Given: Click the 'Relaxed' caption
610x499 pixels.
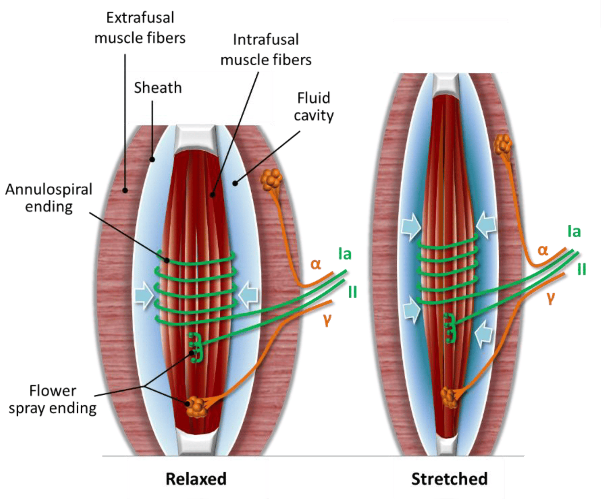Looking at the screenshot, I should [x=196, y=479].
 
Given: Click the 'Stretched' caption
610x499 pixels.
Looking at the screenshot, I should [x=449, y=479].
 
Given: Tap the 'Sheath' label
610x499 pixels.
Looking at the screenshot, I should [x=158, y=88].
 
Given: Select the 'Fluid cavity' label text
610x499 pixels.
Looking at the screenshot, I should [x=313, y=107].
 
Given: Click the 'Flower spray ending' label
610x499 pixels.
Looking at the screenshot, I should [x=53, y=400].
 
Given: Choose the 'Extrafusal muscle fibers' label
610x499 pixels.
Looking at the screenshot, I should [x=140, y=28].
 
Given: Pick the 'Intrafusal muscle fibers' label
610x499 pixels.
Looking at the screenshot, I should [x=266, y=50].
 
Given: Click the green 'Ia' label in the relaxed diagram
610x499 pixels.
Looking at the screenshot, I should [x=345, y=254].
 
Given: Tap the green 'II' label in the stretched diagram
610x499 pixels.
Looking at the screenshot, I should [x=582, y=269].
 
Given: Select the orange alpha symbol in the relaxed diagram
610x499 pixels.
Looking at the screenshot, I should [x=316, y=264].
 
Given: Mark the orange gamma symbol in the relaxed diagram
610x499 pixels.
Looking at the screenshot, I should [x=327, y=319].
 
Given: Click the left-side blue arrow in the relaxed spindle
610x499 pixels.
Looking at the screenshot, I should [x=144, y=295].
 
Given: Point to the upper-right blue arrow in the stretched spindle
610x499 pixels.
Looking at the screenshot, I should [x=486, y=224].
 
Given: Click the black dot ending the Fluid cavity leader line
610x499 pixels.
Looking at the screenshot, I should [x=235, y=183].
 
